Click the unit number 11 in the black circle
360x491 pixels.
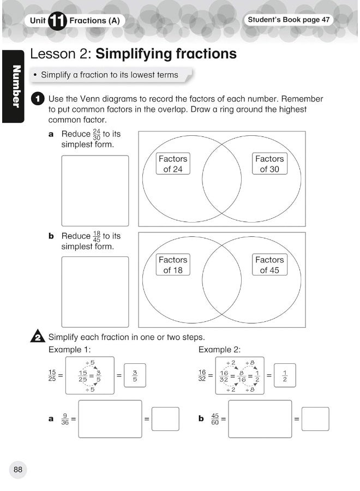click(x=57, y=21)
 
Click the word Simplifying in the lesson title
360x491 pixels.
click(x=140, y=54)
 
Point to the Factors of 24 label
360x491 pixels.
click(x=172, y=164)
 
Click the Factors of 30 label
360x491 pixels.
click(x=269, y=164)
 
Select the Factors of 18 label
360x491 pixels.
click(x=173, y=265)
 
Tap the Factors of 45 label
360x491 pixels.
click(x=269, y=265)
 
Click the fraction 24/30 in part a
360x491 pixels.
click(x=97, y=134)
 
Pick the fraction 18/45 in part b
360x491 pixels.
click(x=97, y=236)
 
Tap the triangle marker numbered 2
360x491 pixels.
click(x=37, y=337)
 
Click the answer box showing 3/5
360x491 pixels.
click(x=135, y=376)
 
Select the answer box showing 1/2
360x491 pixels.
click(x=284, y=376)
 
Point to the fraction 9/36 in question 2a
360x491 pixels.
click(x=65, y=419)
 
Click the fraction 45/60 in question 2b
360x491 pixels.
click(x=215, y=419)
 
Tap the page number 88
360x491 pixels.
click(x=18, y=469)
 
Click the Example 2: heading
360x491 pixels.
click(x=219, y=350)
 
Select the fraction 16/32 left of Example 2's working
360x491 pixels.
click(x=202, y=376)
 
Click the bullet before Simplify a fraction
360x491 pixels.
click(x=35, y=75)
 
